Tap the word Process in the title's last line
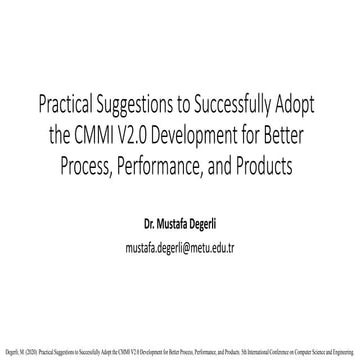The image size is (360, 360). pyautogui.click(x=110, y=163)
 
